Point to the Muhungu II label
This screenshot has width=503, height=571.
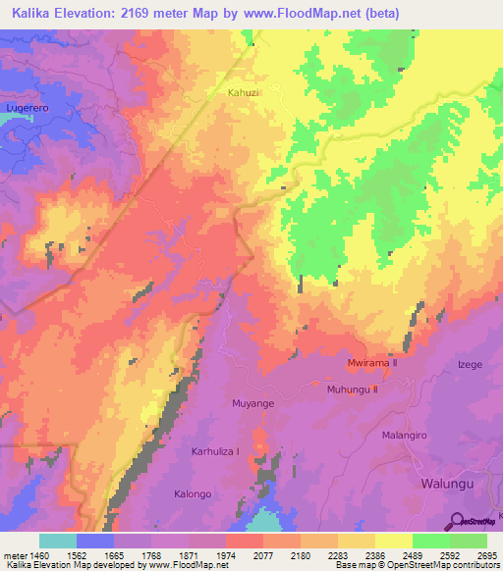pyautogui.click(x=352, y=389)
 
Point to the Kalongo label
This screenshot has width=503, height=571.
pyautogui.click(x=193, y=493)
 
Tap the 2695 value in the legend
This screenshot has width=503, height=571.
pyautogui.click(x=488, y=554)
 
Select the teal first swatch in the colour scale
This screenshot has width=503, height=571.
pyautogui.click(x=57, y=541)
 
